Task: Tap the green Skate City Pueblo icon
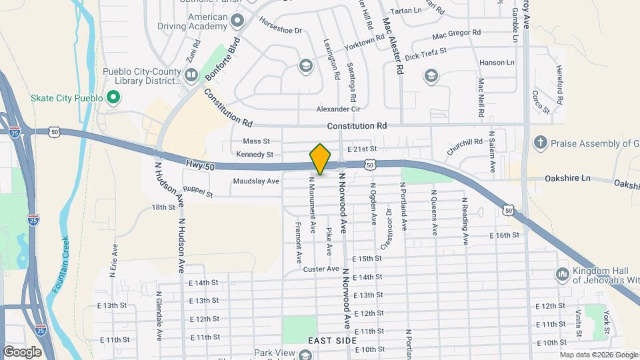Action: click(x=113, y=99)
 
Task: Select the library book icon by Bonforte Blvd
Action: click(x=191, y=74)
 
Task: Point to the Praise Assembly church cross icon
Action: click(x=541, y=143)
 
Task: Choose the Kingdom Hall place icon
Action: click(x=561, y=274)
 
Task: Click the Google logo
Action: click(x=22, y=351)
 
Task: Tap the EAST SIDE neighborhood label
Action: click(x=329, y=341)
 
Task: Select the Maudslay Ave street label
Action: click(x=256, y=181)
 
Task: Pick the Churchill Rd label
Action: click(x=465, y=146)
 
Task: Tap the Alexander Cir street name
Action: click(x=338, y=109)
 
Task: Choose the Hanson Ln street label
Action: click(x=497, y=63)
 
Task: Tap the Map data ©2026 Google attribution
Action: click(x=598, y=355)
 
